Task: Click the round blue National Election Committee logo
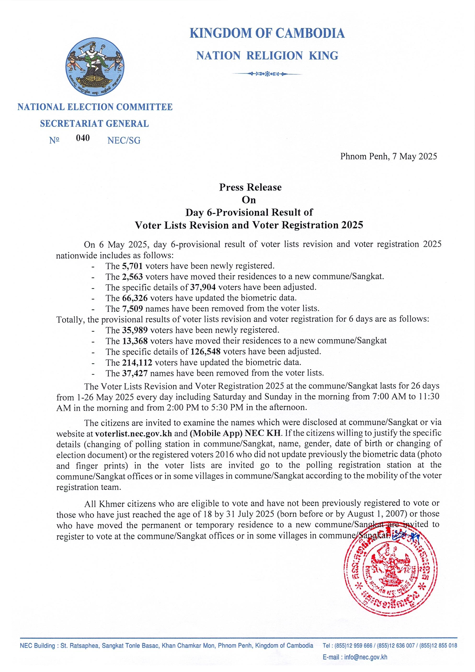(x=94, y=66)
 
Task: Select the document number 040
(x=83, y=138)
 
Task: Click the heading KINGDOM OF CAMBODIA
(x=267, y=33)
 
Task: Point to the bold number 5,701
(x=132, y=266)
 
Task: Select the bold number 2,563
(x=132, y=277)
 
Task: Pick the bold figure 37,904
(x=203, y=287)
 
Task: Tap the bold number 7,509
(x=132, y=308)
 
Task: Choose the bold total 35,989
(x=135, y=330)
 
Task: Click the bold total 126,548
(x=205, y=352)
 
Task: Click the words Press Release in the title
(x=250, y=187)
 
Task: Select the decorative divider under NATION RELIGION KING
(x=267, y=74)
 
